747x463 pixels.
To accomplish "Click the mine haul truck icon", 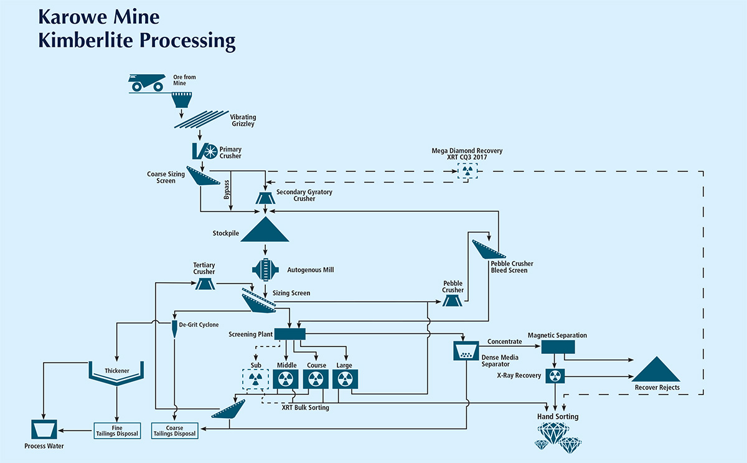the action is (x=147, y=82).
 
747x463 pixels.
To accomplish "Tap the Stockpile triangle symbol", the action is (x=265, y=231).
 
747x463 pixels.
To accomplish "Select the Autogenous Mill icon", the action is (x=265, y=269).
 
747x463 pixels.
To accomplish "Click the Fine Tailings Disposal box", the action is (x=117, y=431).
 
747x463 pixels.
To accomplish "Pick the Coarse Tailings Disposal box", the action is (x=174, y=431).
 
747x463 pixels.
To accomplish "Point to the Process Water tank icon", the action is (x=44, y=429).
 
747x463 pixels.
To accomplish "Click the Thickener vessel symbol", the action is (x=116, y=374).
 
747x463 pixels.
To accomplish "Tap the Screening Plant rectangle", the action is (x=290, y=334).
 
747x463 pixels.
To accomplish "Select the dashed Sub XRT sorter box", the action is (x=255, y=379).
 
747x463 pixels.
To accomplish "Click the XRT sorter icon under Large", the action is (x=345, y=379).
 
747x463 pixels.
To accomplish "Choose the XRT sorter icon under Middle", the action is (x=286, y=379).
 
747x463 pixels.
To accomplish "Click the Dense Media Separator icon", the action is (x=466, y=351).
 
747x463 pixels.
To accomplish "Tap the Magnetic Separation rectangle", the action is (x=558, y=347).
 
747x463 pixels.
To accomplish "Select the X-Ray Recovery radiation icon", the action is (x=555, y=376).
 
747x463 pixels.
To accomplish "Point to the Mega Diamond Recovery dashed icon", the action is (x=467, y=171).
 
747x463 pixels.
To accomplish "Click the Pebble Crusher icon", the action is (x=452, y=302).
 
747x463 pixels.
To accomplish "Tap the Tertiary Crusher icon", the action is (x=205, y=284).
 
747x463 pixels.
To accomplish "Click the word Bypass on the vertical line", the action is (x=227, y=189).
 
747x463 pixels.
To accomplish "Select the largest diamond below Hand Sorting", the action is (x=553, y=433).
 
